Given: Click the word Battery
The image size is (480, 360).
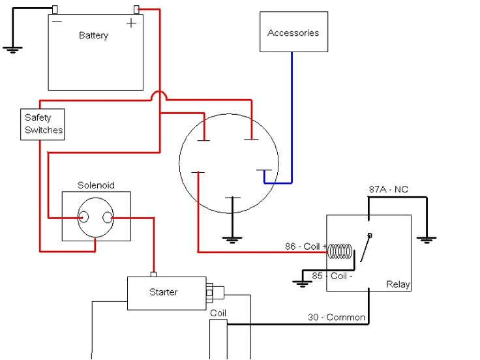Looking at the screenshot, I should [x=93, y=35].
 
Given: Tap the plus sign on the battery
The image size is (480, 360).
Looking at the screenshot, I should [x=132, y=23].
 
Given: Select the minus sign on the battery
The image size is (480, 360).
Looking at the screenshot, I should [x=57, y=22].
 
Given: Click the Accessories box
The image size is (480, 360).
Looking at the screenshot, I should [x=293, y=32].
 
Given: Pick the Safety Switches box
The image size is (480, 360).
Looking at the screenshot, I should [x=43, y=124].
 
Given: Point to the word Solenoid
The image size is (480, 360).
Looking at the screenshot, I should [x=96, y=185].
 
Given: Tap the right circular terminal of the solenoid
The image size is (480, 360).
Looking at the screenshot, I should [x=108, y=218].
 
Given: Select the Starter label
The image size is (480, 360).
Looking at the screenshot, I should [x=163, y=292].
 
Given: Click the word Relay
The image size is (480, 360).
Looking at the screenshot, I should [x=398, y=285].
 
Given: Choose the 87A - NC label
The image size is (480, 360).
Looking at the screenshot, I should [x=389, y=190].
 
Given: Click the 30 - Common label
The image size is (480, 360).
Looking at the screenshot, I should [x=337, y=318].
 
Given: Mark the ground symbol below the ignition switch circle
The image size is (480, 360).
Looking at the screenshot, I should [x=232, y=239].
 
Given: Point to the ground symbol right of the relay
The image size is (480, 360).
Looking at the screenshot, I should [x=427, y=239].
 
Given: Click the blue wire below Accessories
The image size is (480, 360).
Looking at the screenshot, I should [x=292, y=117].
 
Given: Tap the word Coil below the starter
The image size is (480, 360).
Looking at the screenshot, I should [x=218, y=314].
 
